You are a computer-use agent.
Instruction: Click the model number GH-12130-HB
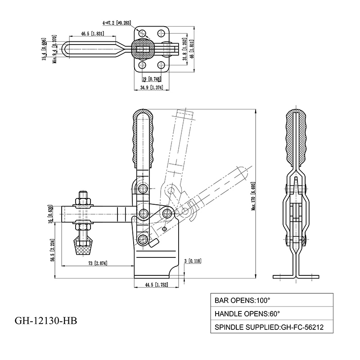(x=46, y=320)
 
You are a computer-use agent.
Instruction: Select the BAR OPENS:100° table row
(x=272, y=300)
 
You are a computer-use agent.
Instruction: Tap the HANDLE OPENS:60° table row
(x=272, y=313)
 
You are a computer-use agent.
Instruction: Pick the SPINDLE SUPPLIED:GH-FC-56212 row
(x=272, y=327)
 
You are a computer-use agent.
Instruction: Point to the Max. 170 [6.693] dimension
(x=253, y=196)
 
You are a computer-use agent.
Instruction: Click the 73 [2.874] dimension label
(x=98, y=263)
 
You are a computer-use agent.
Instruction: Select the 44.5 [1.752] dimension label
(x=156, y=285)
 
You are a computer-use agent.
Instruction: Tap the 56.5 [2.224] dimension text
(x=53, y=251)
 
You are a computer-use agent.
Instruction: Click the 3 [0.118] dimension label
(x=193, y=261)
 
